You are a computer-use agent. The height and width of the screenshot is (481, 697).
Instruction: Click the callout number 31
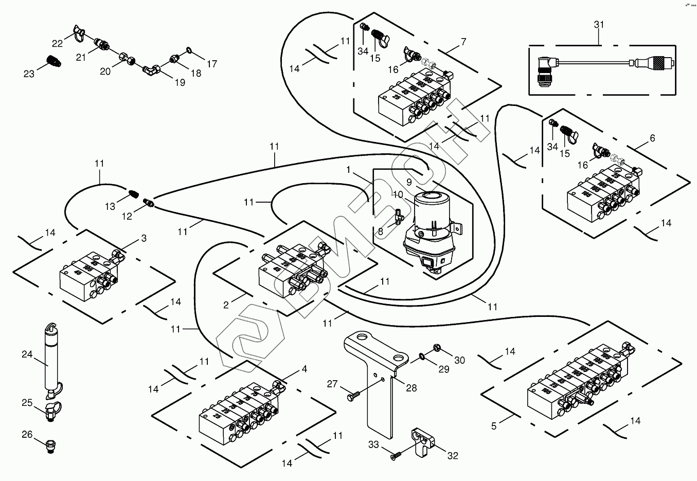pos(599,25)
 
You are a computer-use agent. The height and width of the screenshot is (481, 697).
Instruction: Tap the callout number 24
pos(27,354)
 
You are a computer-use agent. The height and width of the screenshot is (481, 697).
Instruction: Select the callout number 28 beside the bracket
pos(412,388)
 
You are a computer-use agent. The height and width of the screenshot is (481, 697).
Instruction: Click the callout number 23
pos(29,74)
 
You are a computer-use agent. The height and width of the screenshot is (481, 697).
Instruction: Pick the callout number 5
pos(494,426)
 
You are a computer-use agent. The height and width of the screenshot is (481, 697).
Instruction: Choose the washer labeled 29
pos(422,355)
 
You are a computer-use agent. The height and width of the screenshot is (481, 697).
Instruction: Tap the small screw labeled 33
pos(396,456)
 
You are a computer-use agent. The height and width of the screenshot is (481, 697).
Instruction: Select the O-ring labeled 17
pos(189,50)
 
